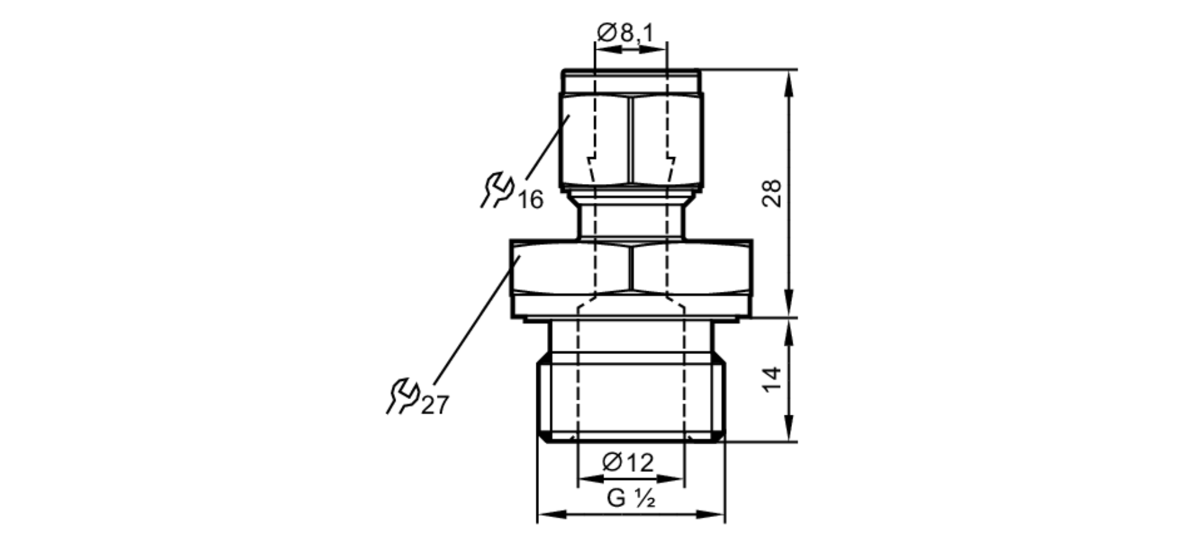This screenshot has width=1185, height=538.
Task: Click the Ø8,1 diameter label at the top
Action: coord(624,32)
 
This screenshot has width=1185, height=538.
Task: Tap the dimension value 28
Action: coord(772,193)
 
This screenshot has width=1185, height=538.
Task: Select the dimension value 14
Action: coord(772,380)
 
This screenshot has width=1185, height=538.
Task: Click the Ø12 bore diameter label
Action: coord(628,463)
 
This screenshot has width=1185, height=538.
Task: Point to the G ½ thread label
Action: coord(630,498)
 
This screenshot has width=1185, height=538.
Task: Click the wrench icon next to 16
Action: coord(497,190)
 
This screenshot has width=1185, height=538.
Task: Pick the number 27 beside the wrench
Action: coord(435,406)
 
